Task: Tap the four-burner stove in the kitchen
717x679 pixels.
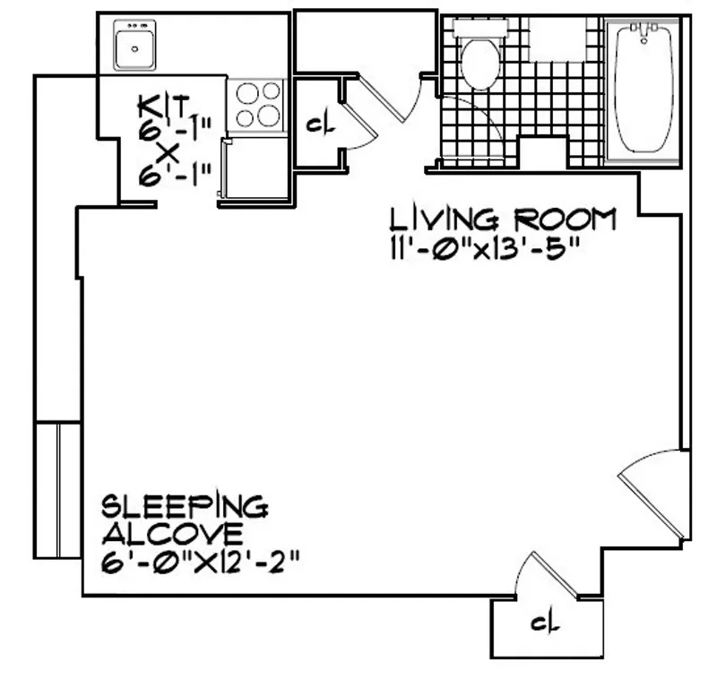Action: tap(255, 104)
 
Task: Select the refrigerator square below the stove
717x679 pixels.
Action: tap(255, 168)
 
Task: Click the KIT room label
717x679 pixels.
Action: tap(164, 107)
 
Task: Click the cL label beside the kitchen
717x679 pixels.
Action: tap(320, 124)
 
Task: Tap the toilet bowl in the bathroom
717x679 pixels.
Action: tap(479, 64)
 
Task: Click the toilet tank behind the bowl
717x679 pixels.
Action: tap(479, 27)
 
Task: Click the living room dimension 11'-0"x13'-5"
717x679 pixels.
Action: tap(480, 248)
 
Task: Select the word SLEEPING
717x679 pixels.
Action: tap(184, 506)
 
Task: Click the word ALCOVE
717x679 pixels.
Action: tap(170, 535)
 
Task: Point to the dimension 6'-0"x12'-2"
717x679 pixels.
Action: tap(198, 564)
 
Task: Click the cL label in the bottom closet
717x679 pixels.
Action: tap(540, 624)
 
